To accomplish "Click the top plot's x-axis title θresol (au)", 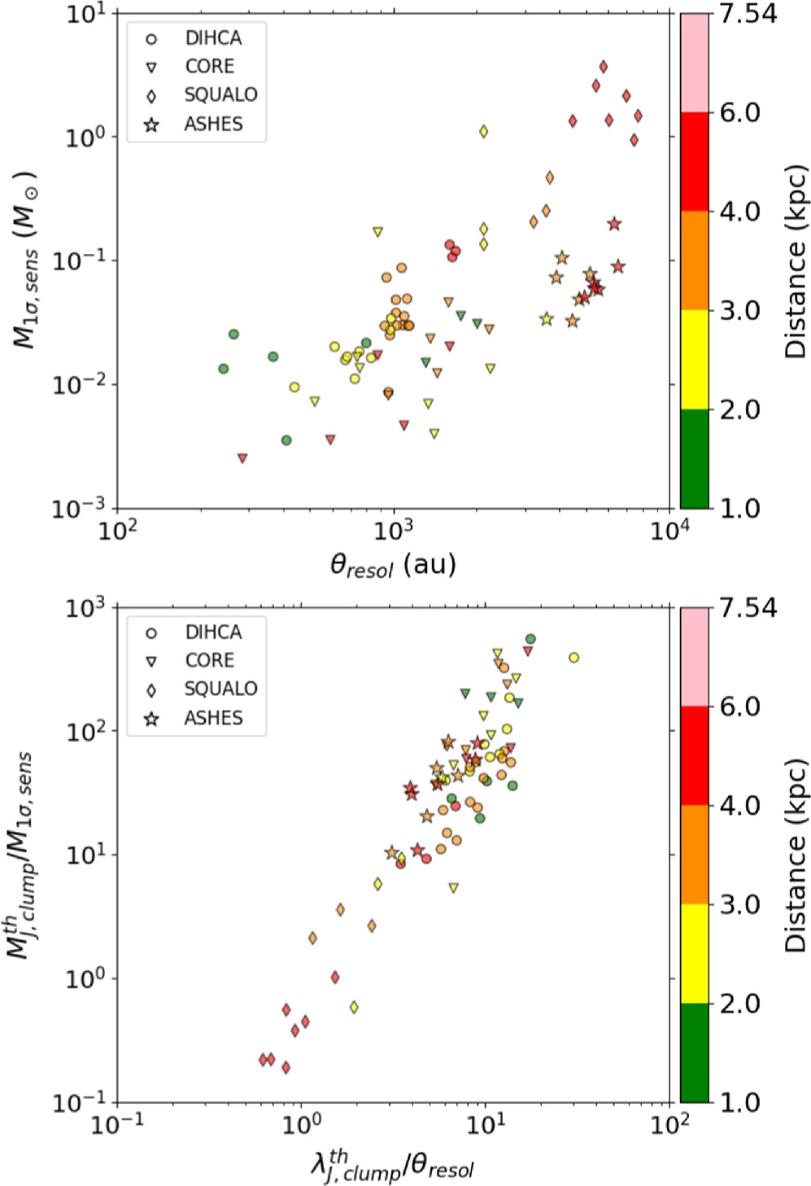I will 393,564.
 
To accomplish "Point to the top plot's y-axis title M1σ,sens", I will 26,260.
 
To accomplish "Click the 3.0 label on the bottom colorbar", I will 740,904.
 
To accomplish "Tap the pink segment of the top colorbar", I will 695,63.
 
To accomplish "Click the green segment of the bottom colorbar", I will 695,1053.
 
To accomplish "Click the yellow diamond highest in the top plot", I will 484,131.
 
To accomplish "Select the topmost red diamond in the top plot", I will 603,66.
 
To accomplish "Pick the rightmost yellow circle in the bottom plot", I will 574,658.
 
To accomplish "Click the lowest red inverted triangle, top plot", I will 242,458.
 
